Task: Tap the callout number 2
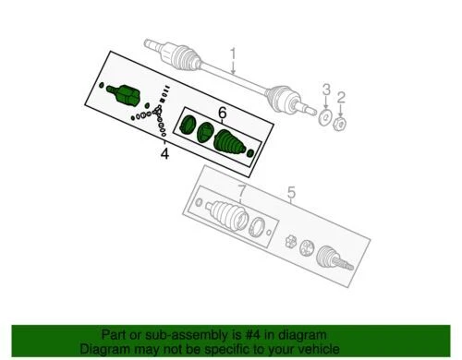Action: click(341, 96)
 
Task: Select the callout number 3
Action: click(325, 89)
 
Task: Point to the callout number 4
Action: click(164, 153)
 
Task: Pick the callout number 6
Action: click(222, 113)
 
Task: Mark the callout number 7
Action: click(241, 193)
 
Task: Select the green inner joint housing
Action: click(125, 93)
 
